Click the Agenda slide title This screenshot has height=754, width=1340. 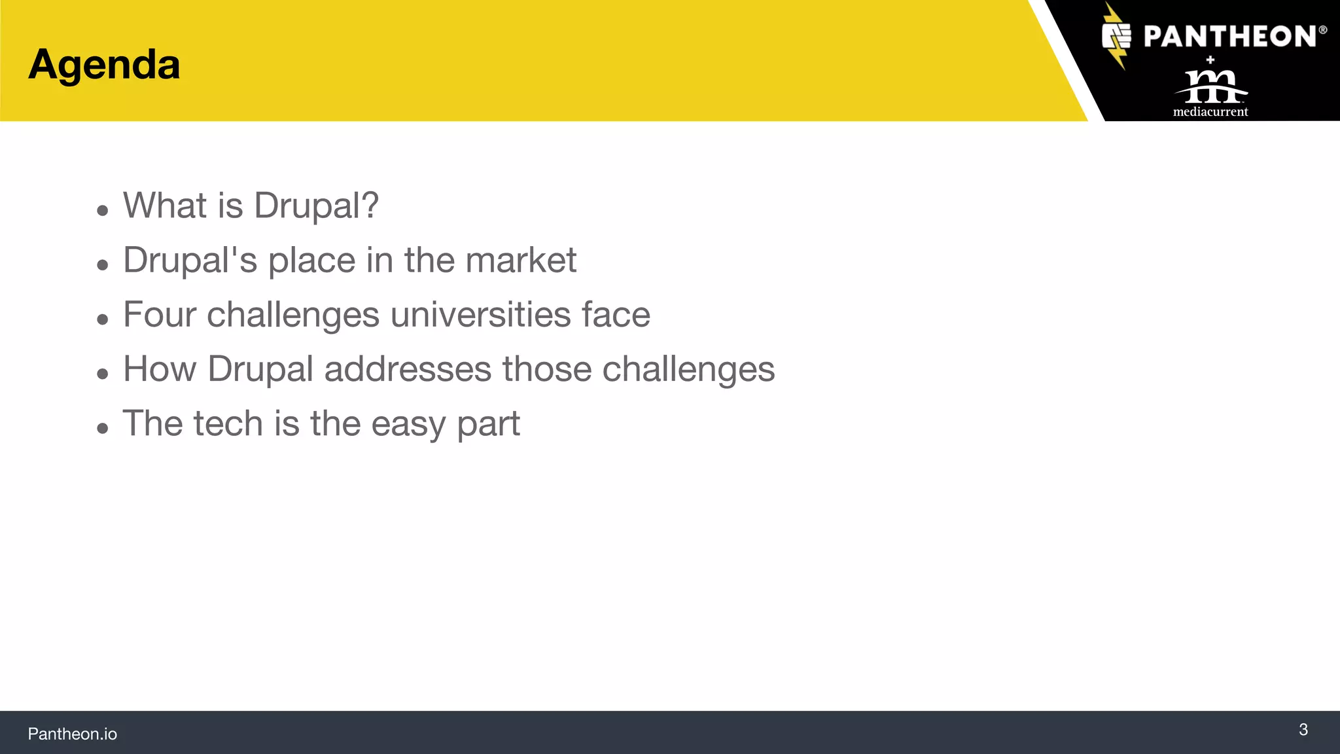tap(104, 65)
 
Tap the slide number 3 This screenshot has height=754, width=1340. tap(1303, 730)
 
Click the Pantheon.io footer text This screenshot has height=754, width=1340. tap(72, 734)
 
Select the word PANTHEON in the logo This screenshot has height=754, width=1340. tap(1230, 37)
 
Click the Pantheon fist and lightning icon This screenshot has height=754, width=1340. tap(1116, 36)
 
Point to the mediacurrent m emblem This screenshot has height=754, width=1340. tap(1210, 86)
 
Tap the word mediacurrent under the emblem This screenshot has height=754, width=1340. tap(1210, 112)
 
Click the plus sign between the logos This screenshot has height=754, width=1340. tap(1210, 60)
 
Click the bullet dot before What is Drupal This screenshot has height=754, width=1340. tap(102, 210)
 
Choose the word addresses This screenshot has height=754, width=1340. tap(408, 368)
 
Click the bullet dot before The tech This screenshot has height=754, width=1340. tap(102, 428)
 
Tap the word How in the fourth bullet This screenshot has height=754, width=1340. tap(160, 368)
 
